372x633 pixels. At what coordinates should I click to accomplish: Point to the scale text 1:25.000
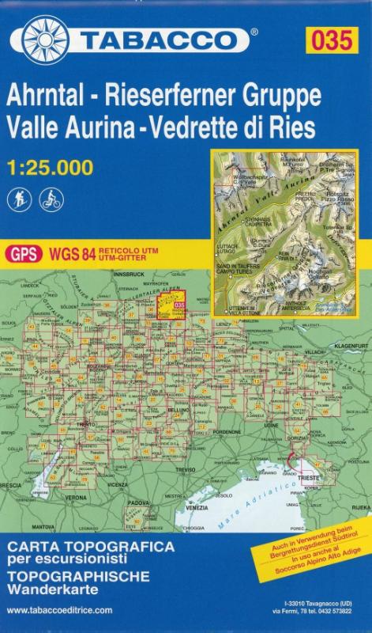pyautogui.click(x=47, y=167)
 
